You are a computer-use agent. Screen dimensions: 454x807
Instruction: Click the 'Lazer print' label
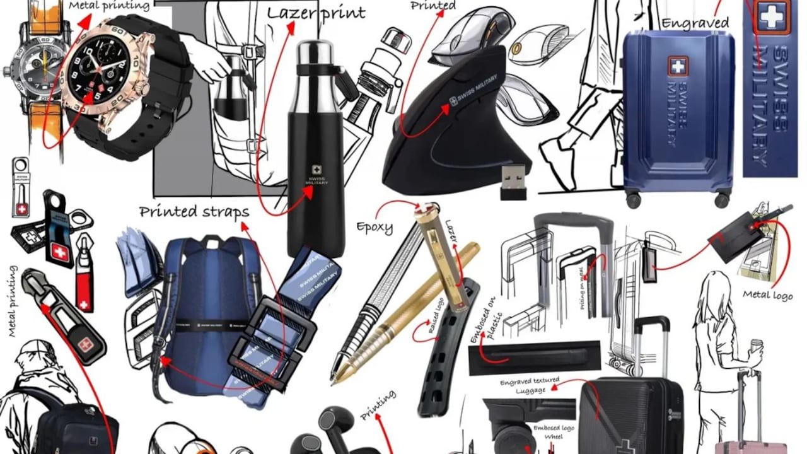pos(316,13)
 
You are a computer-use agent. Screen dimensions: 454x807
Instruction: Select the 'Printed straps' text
pos(194,211)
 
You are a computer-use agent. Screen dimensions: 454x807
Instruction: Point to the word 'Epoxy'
pos(374,226)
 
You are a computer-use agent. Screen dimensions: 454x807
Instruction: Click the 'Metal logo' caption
pos(767,294)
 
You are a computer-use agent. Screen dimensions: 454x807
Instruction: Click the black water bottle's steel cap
pos(315,52)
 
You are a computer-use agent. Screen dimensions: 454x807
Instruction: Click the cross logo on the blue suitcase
pos(678,66)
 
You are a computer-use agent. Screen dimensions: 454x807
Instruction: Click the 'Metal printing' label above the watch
pos(108,6)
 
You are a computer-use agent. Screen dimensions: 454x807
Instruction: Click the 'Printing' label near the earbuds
pos(378,405)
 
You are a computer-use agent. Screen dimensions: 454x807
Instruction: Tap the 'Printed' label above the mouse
pos(433,6)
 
